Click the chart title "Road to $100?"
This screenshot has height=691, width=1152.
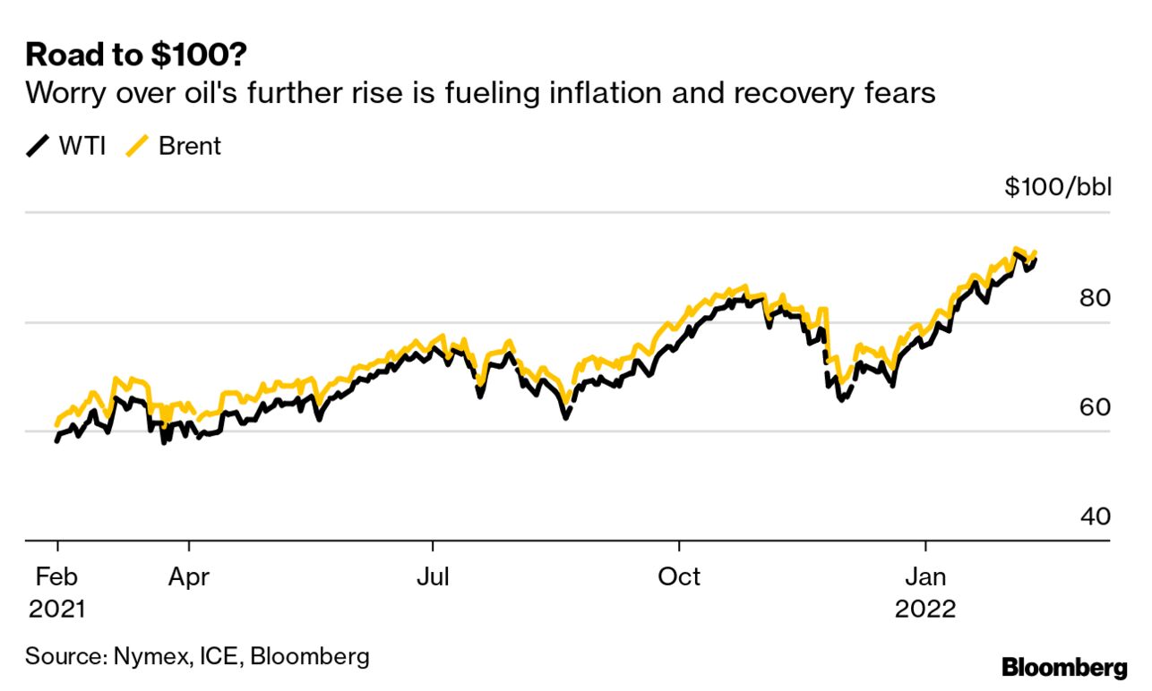[137, 55]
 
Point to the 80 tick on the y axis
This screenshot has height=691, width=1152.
[1094, 298]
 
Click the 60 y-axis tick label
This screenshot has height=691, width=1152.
[1094, 407]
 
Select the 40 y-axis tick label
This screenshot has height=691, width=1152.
[1094, 517]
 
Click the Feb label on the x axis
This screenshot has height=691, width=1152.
[57, 576]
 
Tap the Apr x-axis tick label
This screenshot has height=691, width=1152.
[189, 576]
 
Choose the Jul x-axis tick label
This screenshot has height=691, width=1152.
[434, 576]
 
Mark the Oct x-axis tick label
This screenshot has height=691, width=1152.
[680, 576]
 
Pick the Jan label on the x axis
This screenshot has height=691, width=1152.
[925, 576]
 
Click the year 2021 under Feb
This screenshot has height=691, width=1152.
[57, 610]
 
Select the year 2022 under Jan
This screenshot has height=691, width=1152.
[925, 610]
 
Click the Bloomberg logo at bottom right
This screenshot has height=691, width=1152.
[1064, 667]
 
